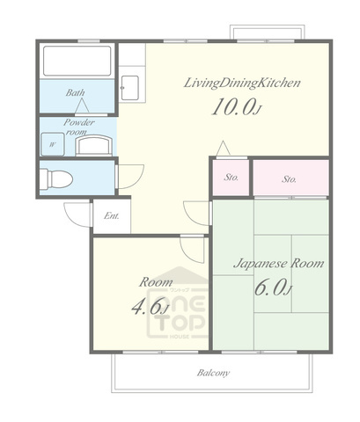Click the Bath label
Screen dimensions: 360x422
pos(75,92)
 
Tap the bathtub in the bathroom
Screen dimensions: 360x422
pos(77,61)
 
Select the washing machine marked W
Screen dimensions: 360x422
pos(53,144)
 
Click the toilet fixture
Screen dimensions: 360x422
pos(56,178)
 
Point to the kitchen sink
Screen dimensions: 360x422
pos(129,88)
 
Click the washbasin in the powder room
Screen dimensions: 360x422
pos(94,145)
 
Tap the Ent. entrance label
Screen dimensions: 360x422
pos(112,216)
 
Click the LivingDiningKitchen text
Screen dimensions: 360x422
pos(242,83)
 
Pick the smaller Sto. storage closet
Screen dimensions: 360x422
pos(231,178)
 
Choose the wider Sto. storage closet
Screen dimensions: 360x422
pos(290,178)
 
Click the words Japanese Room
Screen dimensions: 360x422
pos(279,263)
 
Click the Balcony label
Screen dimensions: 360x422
pos(213,373)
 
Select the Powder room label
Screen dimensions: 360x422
pos(79,127)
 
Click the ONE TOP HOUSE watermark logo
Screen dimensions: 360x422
pos(177,302)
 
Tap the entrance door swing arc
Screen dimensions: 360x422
pos(77,215)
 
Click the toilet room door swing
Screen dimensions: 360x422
pos(130,177)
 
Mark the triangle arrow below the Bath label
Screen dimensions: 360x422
pos(82,105)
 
